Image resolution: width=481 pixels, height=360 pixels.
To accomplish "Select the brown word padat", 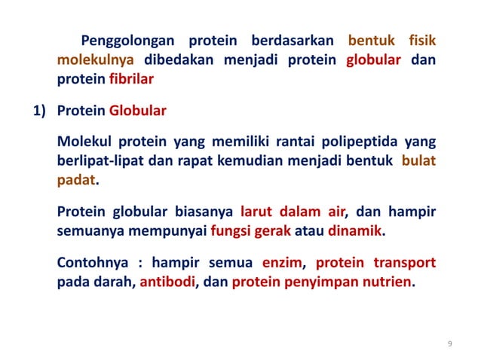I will (77, 182).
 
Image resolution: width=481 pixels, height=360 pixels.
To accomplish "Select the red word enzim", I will (282, 264).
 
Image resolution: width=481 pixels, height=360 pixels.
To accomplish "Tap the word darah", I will (115, 283).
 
